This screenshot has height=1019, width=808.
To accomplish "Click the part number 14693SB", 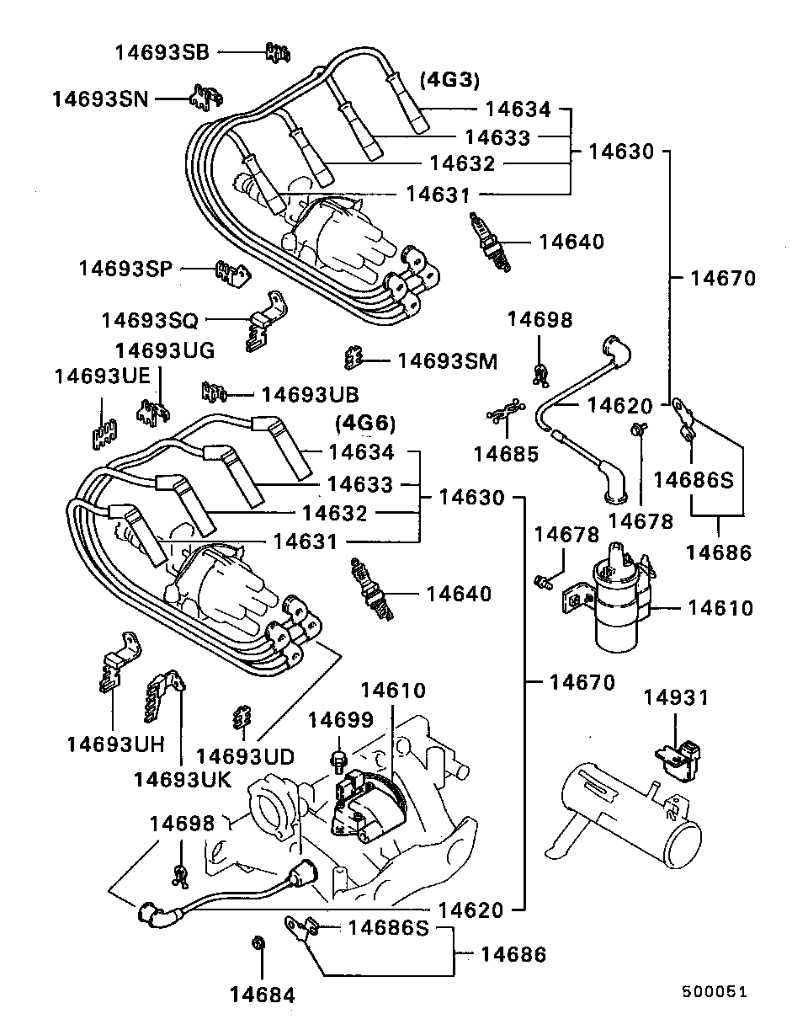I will (162, 52).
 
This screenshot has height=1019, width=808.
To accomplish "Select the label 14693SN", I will (99, 99).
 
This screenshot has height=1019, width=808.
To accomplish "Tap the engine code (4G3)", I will (449, 80).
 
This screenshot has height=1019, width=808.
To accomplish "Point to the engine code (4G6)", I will (364, 422).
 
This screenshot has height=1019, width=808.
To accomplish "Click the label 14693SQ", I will (150, 320).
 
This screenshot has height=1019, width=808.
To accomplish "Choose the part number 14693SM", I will (447, 361).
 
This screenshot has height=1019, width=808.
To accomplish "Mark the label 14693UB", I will (310, 394).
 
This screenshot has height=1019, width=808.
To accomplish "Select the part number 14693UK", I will (182, 779).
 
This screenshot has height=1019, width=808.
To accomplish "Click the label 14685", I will (505, 454).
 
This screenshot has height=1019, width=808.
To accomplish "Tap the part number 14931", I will (676, 697).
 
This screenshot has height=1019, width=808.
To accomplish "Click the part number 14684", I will (263, 995).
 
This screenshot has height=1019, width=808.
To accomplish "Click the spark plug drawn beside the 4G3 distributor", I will (491, 242).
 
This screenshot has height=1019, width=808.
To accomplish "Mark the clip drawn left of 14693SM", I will (353, 359).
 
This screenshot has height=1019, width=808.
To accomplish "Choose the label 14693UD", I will (245, 756).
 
